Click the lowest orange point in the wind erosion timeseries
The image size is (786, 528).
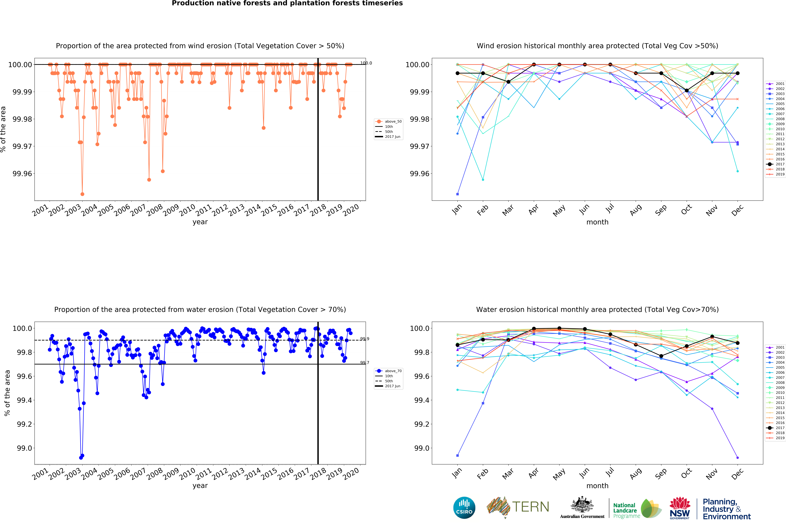tap(82, 194)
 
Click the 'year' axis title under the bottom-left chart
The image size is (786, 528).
tap(200, 486)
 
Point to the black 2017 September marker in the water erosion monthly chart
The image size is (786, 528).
tap(661, 356)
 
